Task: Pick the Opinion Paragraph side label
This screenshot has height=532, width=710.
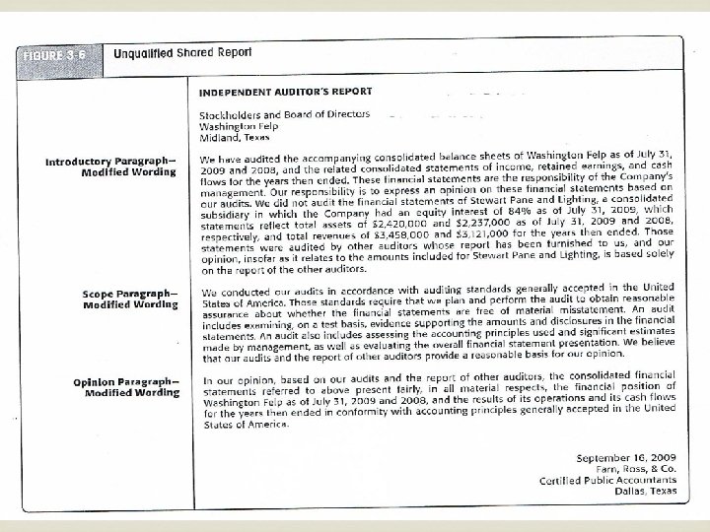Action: point(126,386)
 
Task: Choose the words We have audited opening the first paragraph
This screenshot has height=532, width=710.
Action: point(240,160)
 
